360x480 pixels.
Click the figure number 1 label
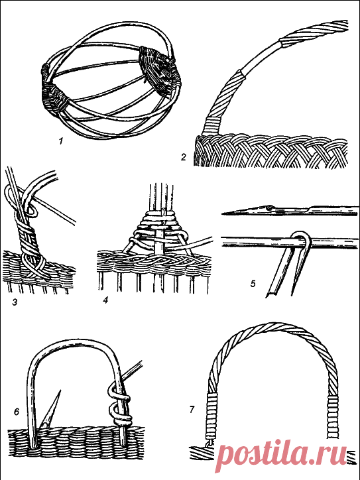pyautogui.click(x=61, y=141)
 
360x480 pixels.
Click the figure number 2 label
pyautogui.click(x=184, y=157)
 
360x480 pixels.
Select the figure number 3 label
pyautogui.click(x=15, y=302)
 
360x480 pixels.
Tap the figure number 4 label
pyautogui.click(x=105, y=300)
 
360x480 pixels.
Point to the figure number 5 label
pyautogui.click(x=253, y=284)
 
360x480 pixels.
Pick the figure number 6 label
pyautogui.click(x=17, y=412)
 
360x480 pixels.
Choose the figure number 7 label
pyautogui.click(x=192, y=409)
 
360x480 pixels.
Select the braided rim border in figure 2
pyautogui.click(x=271, y=150)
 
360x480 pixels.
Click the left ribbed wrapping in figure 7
pyautogui.click(x=211, y=416)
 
